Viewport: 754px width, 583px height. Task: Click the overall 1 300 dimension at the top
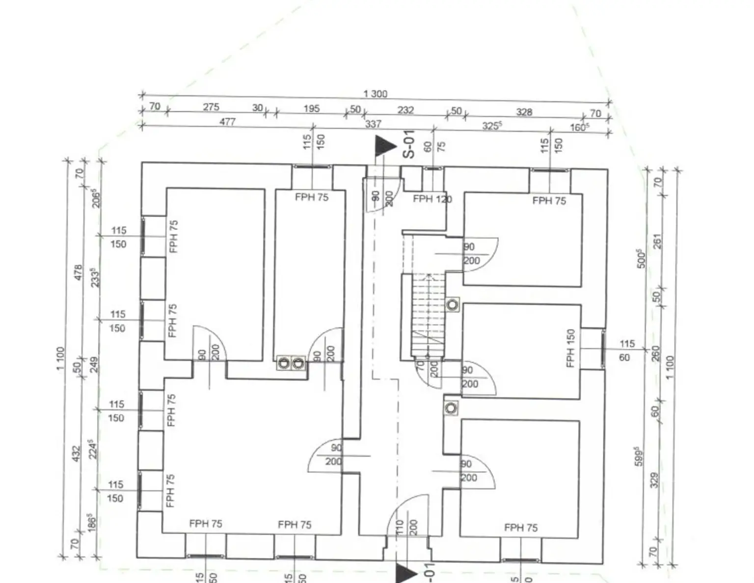[x=375, y=94]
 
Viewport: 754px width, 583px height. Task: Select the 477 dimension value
[x=227, y=121]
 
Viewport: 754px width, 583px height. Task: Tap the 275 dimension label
[x=211, y=107]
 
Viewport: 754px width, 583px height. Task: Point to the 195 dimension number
[x=311, y=108]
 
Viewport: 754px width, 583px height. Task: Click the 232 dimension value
[x=405, y=110]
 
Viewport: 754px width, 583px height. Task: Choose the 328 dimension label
[x=524, y=112]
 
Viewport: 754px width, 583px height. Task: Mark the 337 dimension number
[x=373, y=124]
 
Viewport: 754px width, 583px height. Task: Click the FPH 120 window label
[x=432, y=199]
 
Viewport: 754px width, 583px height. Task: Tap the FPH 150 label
[x=570, y=348]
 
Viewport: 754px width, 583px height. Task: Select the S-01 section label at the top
[x=408, y=144]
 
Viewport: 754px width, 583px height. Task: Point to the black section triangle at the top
[x=384, y=146]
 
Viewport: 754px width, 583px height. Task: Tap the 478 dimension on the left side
[x=78, y=273]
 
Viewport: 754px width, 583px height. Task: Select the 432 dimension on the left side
[x=76, y=453]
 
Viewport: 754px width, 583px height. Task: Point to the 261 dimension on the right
[x=658, y=241]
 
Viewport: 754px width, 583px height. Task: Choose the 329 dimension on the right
[x=654, y=480]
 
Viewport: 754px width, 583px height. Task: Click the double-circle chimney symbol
[x=291, y=364]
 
